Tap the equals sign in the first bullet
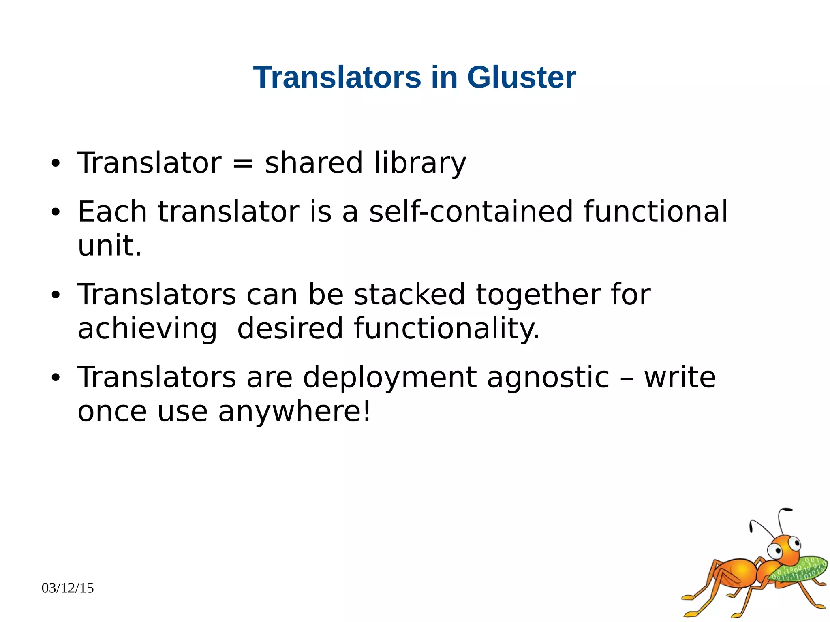(243, 163)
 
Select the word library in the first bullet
(420, 163)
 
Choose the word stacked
(409, 294)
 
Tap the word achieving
(147, 329)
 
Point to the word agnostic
(548, 377)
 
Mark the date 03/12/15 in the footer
(68, 588)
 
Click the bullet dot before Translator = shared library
(56, 164)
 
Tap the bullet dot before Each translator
(56, 212)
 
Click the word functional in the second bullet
(655, 212)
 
